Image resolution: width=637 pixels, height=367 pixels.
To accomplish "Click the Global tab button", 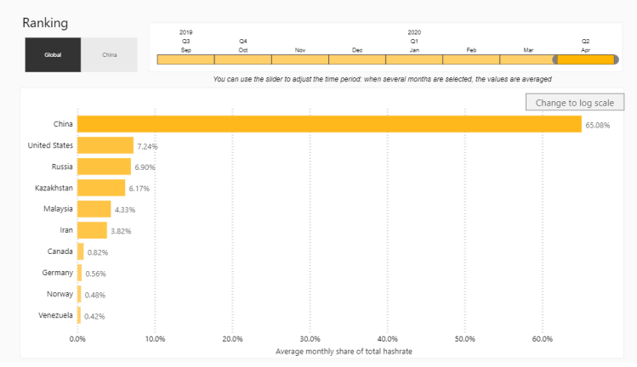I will pos(53,54).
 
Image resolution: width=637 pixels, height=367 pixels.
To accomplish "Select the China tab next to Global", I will pos(109,54).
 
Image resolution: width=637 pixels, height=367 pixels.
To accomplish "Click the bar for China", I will pos(329,124).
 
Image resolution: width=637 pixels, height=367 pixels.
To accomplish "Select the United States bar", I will pos(105,145).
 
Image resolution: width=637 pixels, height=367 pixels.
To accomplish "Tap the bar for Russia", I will pos(104,167).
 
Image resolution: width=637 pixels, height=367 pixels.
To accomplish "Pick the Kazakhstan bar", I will pos(101,188).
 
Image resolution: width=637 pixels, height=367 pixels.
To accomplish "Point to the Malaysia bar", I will pos(94,209).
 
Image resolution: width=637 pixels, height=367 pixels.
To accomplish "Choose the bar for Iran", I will pos(92,230).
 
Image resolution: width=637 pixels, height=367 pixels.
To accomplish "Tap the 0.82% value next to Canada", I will pos(98,252).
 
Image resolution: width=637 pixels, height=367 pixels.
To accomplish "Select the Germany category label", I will pos(57,273).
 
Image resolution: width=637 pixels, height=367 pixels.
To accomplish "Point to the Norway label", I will pos(60,294).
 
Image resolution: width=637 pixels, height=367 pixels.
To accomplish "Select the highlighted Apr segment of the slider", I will pos(585,59).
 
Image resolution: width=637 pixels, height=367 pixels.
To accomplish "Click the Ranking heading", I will pos(45,22).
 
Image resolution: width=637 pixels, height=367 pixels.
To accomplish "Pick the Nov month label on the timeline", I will pos(300,50).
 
